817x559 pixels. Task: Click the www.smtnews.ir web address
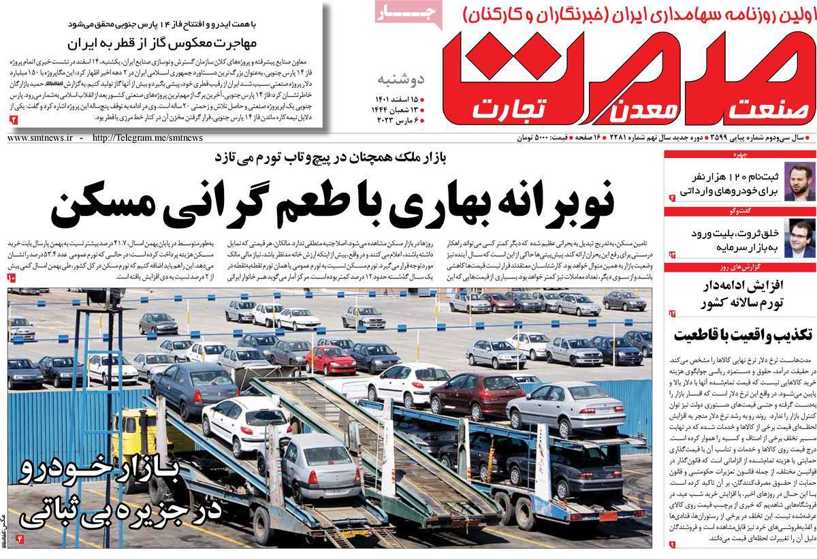(40, 138)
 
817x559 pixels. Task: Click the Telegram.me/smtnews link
(146, 138)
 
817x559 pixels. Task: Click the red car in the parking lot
(330, 360)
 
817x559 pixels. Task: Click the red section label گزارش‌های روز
(792, 267)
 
